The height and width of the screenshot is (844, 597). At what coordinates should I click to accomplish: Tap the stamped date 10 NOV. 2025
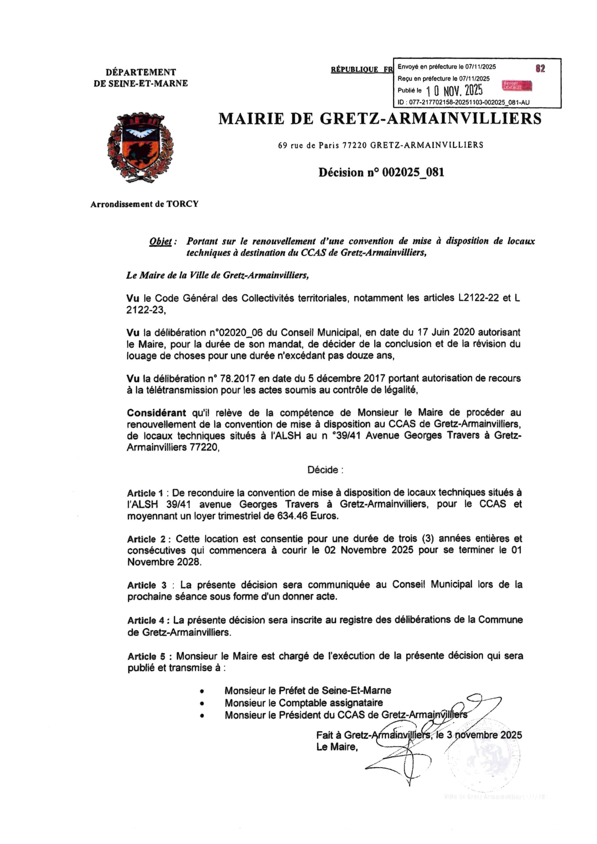pos(455,90)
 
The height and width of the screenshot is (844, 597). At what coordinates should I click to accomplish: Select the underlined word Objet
pos(161,242)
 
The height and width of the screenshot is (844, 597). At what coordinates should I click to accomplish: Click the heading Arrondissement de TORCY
pos(144,204)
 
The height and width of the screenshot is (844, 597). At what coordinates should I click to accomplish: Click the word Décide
pos(325,470)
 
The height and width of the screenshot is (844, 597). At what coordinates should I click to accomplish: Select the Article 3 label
pos(147,585)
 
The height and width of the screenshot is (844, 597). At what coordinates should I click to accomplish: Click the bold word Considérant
pos(156,412)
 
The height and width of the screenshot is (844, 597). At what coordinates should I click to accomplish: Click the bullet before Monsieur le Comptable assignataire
pos(202,703)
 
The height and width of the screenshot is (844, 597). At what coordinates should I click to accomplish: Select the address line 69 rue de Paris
pos(380,145)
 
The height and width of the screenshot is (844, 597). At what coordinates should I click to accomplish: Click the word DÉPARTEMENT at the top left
pos(141,72)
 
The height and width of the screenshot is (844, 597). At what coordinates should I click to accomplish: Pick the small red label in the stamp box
pos(517,86)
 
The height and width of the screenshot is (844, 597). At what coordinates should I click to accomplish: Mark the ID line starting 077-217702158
pos(463,103)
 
